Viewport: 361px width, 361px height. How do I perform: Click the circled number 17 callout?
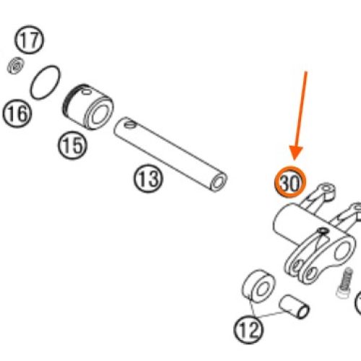click(30, 40)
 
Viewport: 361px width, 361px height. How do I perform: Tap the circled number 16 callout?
click(17, 113)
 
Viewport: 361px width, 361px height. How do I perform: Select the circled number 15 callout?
click(72, 146)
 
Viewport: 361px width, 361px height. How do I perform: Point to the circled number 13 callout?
click(148, 178)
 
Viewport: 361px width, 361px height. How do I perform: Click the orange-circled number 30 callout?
click(290, 182)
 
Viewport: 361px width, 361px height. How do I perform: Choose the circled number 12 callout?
click(248, 329)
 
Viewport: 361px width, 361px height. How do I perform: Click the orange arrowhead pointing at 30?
click(296, 153)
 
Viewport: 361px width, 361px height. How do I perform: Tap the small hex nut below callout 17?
click(16, 66)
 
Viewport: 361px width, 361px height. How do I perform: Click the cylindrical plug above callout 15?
click(88, 107)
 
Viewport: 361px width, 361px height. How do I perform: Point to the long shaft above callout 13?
click(170, 155)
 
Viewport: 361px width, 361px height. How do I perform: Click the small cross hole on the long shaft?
click(130, 124)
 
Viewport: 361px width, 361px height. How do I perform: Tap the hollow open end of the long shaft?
click(219, 183)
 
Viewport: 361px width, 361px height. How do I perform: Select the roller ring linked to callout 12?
click(258, 286)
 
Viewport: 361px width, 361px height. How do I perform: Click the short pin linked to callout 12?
click(294, 307)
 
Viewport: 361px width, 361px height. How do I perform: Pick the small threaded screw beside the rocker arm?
click(345, 283)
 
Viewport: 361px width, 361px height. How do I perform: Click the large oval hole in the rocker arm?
click(343, 251)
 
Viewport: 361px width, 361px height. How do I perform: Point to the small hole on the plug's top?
click(86, 92)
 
